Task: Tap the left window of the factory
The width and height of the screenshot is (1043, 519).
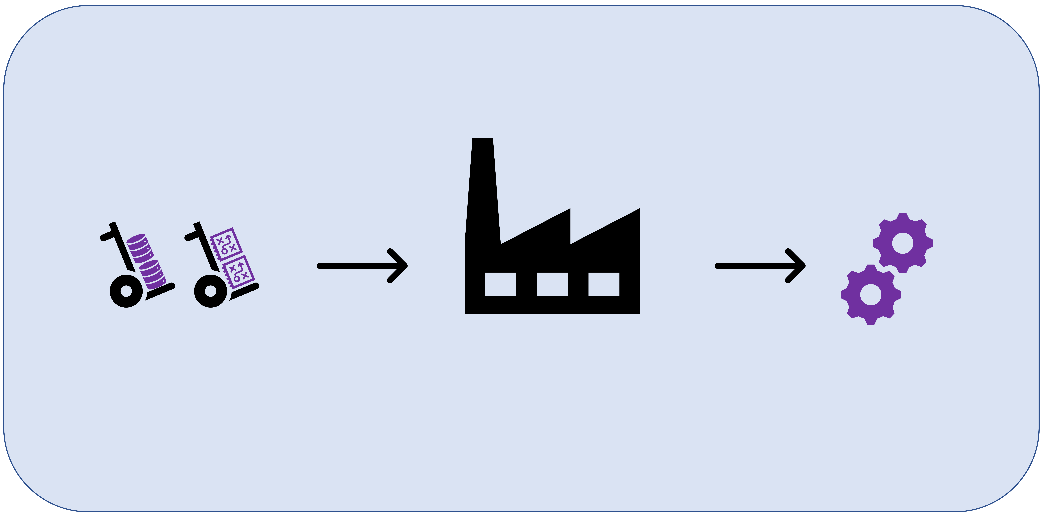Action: point(500,284)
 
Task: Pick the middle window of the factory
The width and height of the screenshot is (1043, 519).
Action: point(552,284)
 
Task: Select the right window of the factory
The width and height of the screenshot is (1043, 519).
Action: point(604,284)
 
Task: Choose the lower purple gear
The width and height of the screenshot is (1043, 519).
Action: point(871,295)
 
